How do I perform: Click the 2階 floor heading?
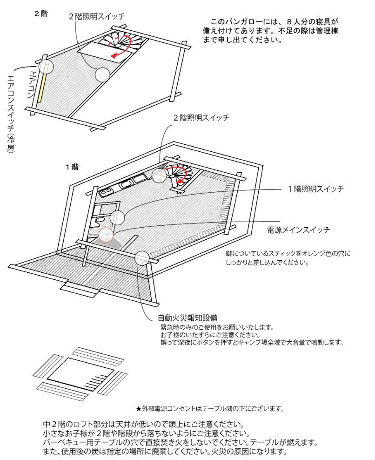coord(40,14)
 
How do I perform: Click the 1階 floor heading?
coord(72,166)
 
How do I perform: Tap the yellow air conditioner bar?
coord(42,86)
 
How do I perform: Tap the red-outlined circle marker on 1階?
coord(106,236)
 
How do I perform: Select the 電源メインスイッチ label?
coord(298,230)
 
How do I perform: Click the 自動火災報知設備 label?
coord(187,318)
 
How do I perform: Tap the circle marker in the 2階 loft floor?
coord(102,74)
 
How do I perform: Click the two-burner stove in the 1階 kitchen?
coord(107,191)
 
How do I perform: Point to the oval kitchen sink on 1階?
coord(126,185)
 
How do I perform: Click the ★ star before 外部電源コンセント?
coord(138,409)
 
